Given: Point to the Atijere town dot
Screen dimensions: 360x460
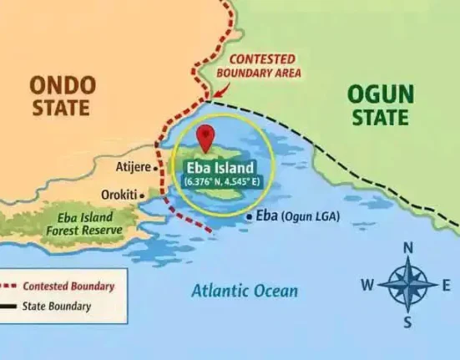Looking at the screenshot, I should click(x=156, y=167).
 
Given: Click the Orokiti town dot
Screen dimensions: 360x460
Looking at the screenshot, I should click(x=142, y=195).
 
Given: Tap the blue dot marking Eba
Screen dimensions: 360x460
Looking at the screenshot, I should click(x=249, y=216).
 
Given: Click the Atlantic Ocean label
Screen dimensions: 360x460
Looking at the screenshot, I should click(x=244, y=292).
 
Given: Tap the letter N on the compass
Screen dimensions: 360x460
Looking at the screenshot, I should click(x=408, y=248).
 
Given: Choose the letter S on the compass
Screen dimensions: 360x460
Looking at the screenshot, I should click(x=407, y=322).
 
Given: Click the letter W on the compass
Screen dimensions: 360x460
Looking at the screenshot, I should click(x=366, y=286).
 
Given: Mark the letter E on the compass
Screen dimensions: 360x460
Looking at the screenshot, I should click(x=446, y=286).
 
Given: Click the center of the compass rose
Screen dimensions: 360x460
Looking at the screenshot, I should click(x=407, y=285).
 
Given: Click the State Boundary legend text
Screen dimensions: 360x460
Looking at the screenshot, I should click(x=57, y=307).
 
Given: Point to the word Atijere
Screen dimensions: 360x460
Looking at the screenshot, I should click(x=133, y=167).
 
